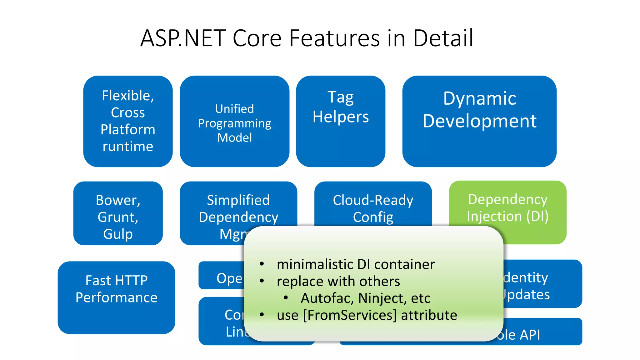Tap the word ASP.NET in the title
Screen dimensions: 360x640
click(183, 38)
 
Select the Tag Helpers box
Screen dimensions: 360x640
click(341, 121)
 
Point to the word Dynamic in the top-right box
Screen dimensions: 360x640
click(479, 99)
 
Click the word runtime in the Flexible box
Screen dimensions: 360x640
click(128, 147)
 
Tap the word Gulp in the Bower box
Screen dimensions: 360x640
click(118, 234)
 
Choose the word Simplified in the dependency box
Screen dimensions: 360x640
click(238, 200)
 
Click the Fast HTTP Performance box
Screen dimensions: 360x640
click(116, 297)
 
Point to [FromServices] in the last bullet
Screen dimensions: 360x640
click(350, 315)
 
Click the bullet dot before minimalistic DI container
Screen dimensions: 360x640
click(262, 264)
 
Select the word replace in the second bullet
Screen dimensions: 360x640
click(300, 282)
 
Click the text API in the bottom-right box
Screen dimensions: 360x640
click(530, 335)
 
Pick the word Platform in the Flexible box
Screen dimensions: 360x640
click(128, 129)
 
